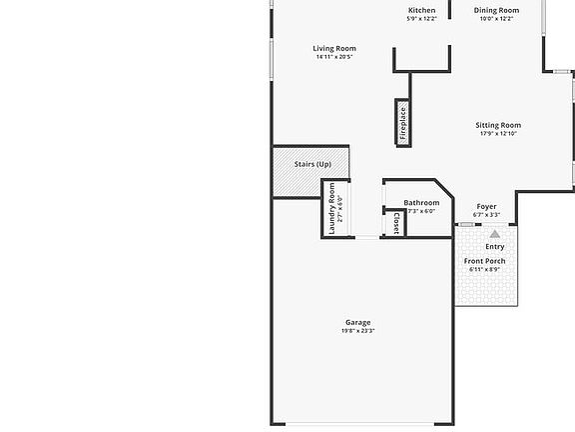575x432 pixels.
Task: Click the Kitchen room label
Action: pos(421,10)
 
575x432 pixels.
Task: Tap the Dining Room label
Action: pos(496,10)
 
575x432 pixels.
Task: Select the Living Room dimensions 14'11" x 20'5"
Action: pos(334,57)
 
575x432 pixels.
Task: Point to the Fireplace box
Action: pos(403,123)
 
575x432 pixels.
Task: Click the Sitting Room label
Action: pos(498,125)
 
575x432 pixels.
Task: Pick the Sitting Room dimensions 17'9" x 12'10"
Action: pos(498,134)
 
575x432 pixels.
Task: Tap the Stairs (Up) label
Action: pos(312,164)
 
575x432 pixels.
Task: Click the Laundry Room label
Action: pos(331,208)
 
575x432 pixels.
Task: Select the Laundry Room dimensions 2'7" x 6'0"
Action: pos(340,208)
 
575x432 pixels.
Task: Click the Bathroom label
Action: pos(421,203)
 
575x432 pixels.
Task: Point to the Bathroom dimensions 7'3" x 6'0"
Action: pos(421,211)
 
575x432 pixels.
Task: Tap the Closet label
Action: pos(396,224)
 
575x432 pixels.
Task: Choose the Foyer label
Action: pos(486,206)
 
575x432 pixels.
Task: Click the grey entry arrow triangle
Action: pos(495,234)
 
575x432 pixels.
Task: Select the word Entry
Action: pos(495,246)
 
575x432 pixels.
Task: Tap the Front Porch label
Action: pos(484,261)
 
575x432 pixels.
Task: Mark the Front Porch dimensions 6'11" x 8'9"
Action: pos(484,270)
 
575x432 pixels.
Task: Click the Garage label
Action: pos(358,322)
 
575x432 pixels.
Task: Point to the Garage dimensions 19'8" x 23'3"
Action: pos(358,331)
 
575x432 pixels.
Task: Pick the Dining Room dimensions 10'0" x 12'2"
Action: pos(496,19)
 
